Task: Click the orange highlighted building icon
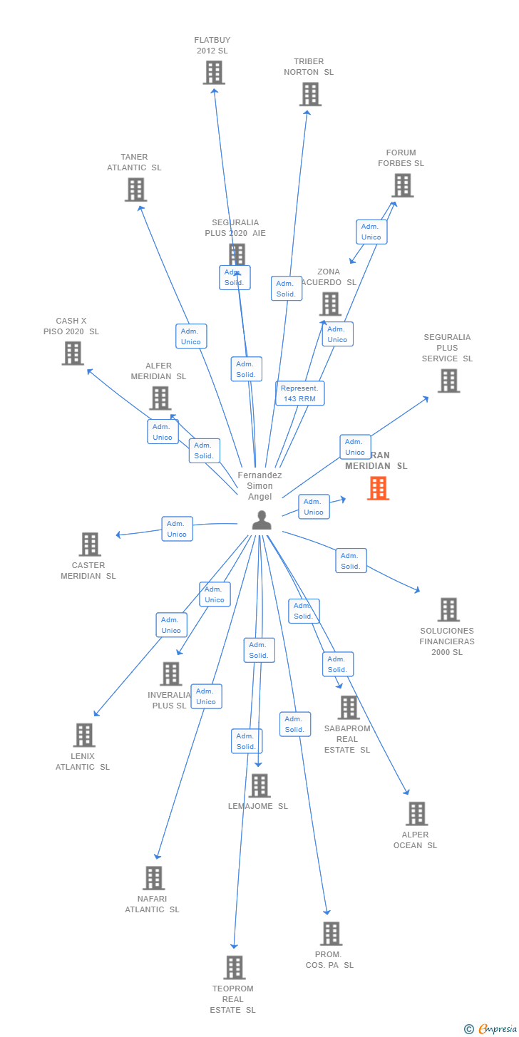point(378,488)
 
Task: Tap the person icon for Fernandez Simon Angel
point(262,520)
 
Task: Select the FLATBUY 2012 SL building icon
point(214,73)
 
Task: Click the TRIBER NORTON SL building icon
point(310,94)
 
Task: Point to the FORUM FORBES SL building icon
point(402,185)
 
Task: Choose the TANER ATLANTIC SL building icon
point(135,190)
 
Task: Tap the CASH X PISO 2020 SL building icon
point(73,354)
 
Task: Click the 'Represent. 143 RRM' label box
point(300,393)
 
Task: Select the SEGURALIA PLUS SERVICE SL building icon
point(448,381)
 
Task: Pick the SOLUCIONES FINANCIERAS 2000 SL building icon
point(448,609)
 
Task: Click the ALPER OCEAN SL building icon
point(416,813)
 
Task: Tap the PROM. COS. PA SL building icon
point(331,933)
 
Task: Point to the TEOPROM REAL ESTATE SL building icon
point(235,967)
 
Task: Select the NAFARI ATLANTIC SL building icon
point(154,877)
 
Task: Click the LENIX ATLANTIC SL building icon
point(84,735)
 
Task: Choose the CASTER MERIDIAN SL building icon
point(90,544)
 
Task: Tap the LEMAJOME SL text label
point(258,807)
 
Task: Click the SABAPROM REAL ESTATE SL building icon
point(349,707)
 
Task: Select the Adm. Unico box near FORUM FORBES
point(371,232)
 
